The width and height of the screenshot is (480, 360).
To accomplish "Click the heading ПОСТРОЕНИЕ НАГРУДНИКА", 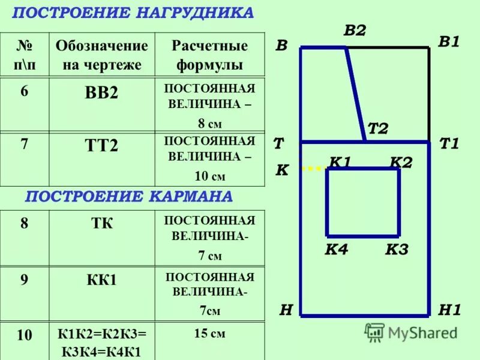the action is click(x=133, y=13).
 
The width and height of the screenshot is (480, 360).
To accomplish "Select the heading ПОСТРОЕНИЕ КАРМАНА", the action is click(x=128, y=196).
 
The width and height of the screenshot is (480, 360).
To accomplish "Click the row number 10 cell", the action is click(x=25, y=336).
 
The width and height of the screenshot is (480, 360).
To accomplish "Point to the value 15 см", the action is click(x=210, y=334).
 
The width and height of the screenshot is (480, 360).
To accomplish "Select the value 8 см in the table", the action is click(x=210, y=124).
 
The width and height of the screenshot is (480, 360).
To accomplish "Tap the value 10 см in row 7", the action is click(x=210, y=176).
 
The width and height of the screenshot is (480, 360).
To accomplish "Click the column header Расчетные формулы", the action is click(x=210, y=55).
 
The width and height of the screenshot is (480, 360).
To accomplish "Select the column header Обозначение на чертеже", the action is click(x=101, y=55).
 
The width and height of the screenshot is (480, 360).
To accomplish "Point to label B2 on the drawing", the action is click(x=355, y=31).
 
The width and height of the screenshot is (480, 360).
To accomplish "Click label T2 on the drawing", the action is click(x=378, y=128).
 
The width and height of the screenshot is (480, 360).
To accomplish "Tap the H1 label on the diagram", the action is click(x=449, y=310).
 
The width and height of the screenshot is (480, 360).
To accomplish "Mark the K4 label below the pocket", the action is click(x=336, y=250).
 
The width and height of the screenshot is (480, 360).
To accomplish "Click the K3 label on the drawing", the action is click(x=396, y=250).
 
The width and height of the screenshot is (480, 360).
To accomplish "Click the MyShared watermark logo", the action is click(x=411, y=332).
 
